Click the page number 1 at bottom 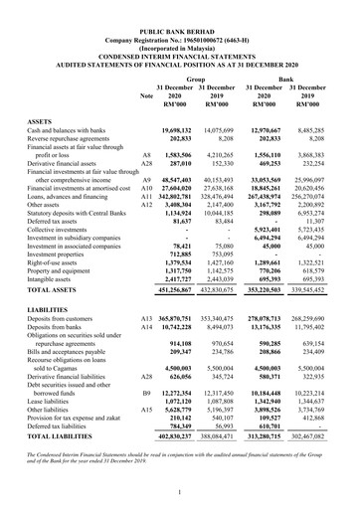point(180,491)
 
